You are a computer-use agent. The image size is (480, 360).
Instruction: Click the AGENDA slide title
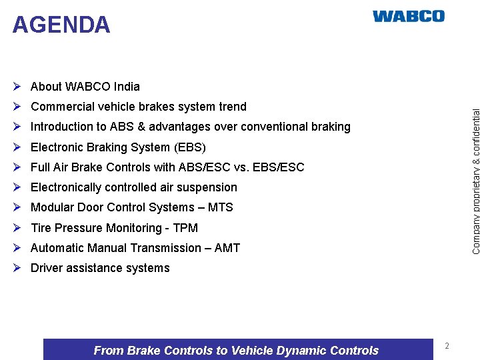[x=61, y=25]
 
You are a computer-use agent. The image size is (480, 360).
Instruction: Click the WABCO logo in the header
[x=408, y=16]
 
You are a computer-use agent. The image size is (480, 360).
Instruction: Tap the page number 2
[x=447, y=346]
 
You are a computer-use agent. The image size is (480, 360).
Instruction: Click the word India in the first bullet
[x=127, y=87]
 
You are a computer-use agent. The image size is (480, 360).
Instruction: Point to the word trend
[x=233, y=107]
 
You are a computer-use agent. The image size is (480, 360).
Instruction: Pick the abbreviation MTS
[x=220, y=207]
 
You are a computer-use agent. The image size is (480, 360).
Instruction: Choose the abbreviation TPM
[x=185, y=228]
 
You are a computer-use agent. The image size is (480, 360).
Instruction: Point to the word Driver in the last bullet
[x=47, y=268]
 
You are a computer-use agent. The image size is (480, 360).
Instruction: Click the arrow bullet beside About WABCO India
[x=18, y=87]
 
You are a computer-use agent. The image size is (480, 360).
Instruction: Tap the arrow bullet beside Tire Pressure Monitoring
[x=18, y=228]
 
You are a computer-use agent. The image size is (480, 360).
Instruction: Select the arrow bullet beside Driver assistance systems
[x=18, y=268]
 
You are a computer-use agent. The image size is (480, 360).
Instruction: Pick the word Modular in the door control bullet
[x=53, y=207]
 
